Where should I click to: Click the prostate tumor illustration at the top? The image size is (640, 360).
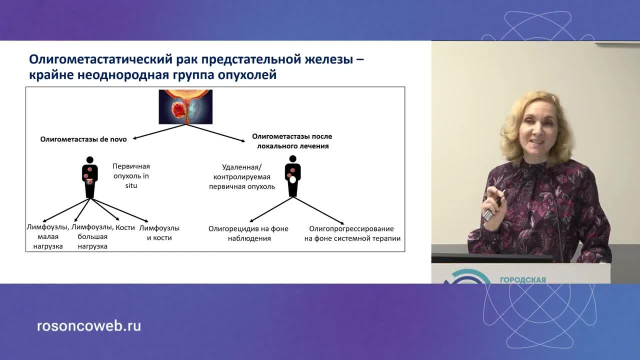tap(185, 106)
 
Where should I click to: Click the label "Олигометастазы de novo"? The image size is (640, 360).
tap(83, 139)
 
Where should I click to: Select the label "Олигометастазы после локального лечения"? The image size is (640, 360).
tap(292, 141)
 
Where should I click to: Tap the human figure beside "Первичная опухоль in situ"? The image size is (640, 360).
tap(90, 177)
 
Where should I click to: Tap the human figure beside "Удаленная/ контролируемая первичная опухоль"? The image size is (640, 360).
tap(292, 175)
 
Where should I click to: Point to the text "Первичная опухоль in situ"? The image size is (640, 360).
tap(131, 175)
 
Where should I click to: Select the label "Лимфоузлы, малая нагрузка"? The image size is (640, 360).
tap(47, 237)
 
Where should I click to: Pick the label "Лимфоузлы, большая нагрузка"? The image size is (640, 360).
tap(92, 237)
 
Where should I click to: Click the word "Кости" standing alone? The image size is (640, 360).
tap(125, 227)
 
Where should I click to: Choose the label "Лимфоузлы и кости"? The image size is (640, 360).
tap(159, 232)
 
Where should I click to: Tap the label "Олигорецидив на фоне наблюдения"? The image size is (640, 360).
tap(248, 233)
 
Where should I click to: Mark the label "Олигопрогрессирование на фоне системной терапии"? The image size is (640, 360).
tap(352, 233)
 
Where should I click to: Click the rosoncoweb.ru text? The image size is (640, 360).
tap(89, 326)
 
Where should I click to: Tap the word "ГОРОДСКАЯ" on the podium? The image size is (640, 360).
tap(522, 280)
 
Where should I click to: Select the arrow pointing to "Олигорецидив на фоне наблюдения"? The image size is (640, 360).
tap(270, 209)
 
